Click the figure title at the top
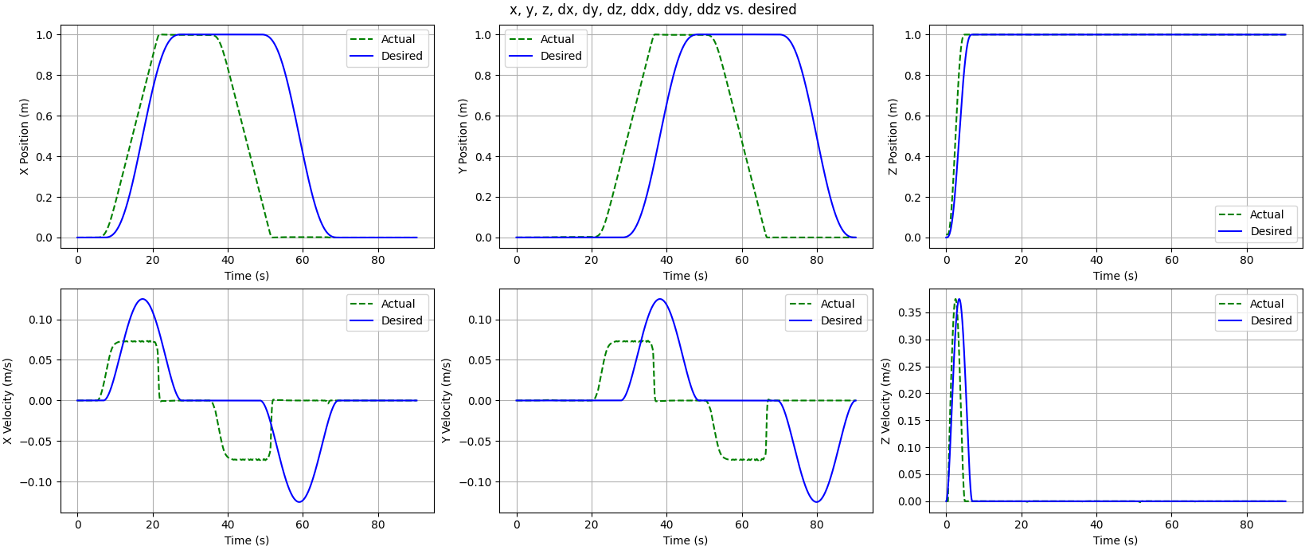point(653,10)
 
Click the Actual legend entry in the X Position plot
point(397,39)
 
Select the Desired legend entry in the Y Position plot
point(561,56)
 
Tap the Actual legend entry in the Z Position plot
point(1266,214)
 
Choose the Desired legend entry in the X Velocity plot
point(401,320)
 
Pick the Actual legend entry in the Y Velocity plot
point(837,304)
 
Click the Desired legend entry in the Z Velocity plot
point(1271,320)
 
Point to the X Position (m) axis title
point(24,136)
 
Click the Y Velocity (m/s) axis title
point(446,401)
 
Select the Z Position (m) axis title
point(893,136)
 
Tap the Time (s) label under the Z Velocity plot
point(1115,540)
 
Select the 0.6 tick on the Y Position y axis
point(483,116)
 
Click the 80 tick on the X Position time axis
point(378,260)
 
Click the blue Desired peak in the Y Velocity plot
point(659,299)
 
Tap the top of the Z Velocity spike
point(958,299)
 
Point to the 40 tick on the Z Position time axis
point(1096,260)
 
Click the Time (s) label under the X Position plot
point(247,276)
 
